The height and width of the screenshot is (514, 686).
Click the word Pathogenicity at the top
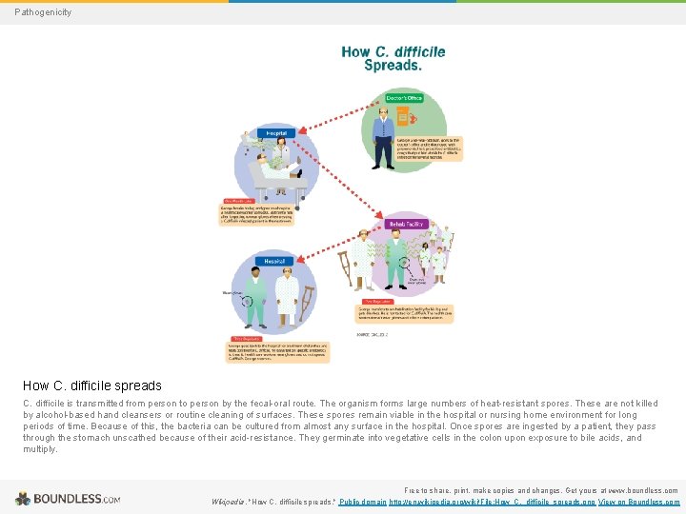pos(43,12)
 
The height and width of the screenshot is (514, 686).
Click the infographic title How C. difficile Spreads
pos(393,58)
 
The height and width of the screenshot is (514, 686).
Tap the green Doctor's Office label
pos(403,97)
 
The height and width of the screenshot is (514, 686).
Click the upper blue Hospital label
pos(276,133)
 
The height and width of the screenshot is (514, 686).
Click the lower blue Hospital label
pos(269,259)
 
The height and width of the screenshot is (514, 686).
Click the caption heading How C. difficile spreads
pos(92,385)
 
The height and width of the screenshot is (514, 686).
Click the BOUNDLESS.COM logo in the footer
pos(67,498)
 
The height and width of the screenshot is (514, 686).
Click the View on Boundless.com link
pos(638,502)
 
